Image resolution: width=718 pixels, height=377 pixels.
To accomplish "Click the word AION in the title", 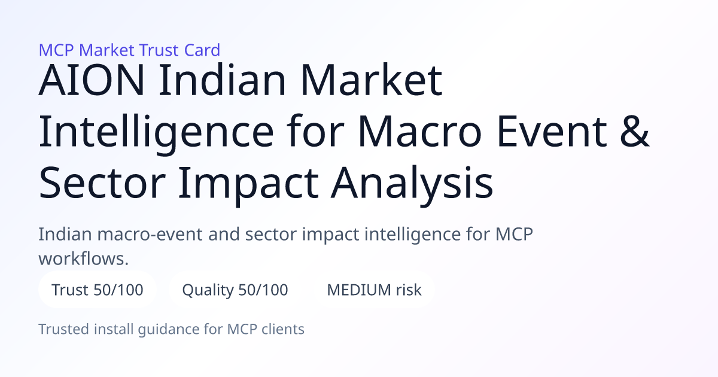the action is click(92, 80).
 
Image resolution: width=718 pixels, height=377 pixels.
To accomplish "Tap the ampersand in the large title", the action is click(635, 131).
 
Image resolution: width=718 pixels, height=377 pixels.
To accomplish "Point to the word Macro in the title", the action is click(420, 131).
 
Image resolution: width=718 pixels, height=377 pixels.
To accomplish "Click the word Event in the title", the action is click(552, 131).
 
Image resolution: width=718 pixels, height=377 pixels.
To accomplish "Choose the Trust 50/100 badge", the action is click(98, 290).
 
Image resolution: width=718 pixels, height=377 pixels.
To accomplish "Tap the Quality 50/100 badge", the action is click(235, 290).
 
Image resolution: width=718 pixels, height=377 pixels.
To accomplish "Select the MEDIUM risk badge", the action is click(374, 290).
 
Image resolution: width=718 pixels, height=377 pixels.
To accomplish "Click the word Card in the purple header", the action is click(202, 50).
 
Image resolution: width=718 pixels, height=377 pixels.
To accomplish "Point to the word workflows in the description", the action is click(81, 259).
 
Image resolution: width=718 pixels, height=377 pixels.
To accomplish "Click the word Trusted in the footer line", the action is click(64, 329).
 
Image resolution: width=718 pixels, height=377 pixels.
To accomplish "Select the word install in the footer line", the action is click(114, 329).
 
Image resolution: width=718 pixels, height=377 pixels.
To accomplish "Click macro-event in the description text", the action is click(150, 234).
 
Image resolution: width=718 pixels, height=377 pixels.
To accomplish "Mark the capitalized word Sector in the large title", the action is click(102, 183).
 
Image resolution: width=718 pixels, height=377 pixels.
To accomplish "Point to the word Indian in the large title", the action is click(222, 80).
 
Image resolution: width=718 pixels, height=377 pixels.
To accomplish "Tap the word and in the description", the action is click(224, 234).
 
